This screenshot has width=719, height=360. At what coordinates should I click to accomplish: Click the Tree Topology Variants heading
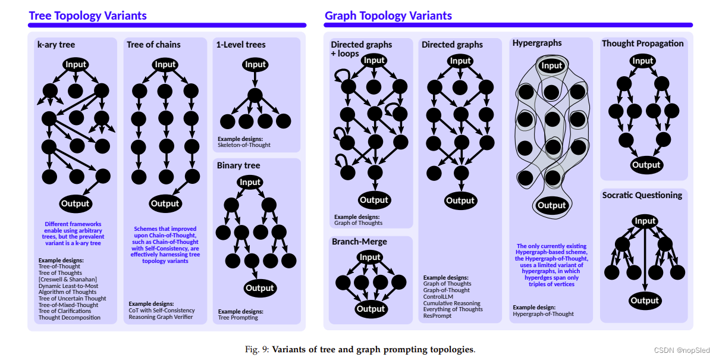click(87, 15)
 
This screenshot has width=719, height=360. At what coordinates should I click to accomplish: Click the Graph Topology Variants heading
click(388, 15)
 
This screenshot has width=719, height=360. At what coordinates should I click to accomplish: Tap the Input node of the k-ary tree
click(76, 64)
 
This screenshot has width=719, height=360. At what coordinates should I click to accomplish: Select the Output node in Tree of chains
click(165, 204)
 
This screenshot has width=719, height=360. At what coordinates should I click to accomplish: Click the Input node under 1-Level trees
click(255, 64)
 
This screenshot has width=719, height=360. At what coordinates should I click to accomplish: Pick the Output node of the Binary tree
click(260, 288)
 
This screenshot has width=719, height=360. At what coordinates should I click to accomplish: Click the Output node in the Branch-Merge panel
click(371, 308)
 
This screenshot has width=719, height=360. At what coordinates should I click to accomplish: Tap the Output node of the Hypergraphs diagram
click(551, 205)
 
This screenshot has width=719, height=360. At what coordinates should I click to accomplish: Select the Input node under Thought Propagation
click(643, 61)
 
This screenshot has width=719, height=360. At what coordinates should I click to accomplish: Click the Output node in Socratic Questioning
click(645, 300)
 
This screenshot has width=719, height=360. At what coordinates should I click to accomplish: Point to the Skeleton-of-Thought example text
click(244, 145)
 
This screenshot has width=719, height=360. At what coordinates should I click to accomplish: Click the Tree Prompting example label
click(238, 317)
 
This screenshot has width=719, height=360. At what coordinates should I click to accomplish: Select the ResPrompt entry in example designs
click(437, 315)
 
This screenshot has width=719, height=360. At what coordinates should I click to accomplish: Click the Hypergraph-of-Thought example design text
click(543, 314)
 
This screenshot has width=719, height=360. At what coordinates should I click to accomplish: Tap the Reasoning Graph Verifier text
click(161, 317)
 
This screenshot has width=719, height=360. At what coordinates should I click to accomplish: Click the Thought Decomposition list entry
click(69, 317)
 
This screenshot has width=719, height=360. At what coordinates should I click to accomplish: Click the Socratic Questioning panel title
click(642, 195)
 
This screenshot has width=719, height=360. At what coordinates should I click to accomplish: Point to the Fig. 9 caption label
click(256, 349)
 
